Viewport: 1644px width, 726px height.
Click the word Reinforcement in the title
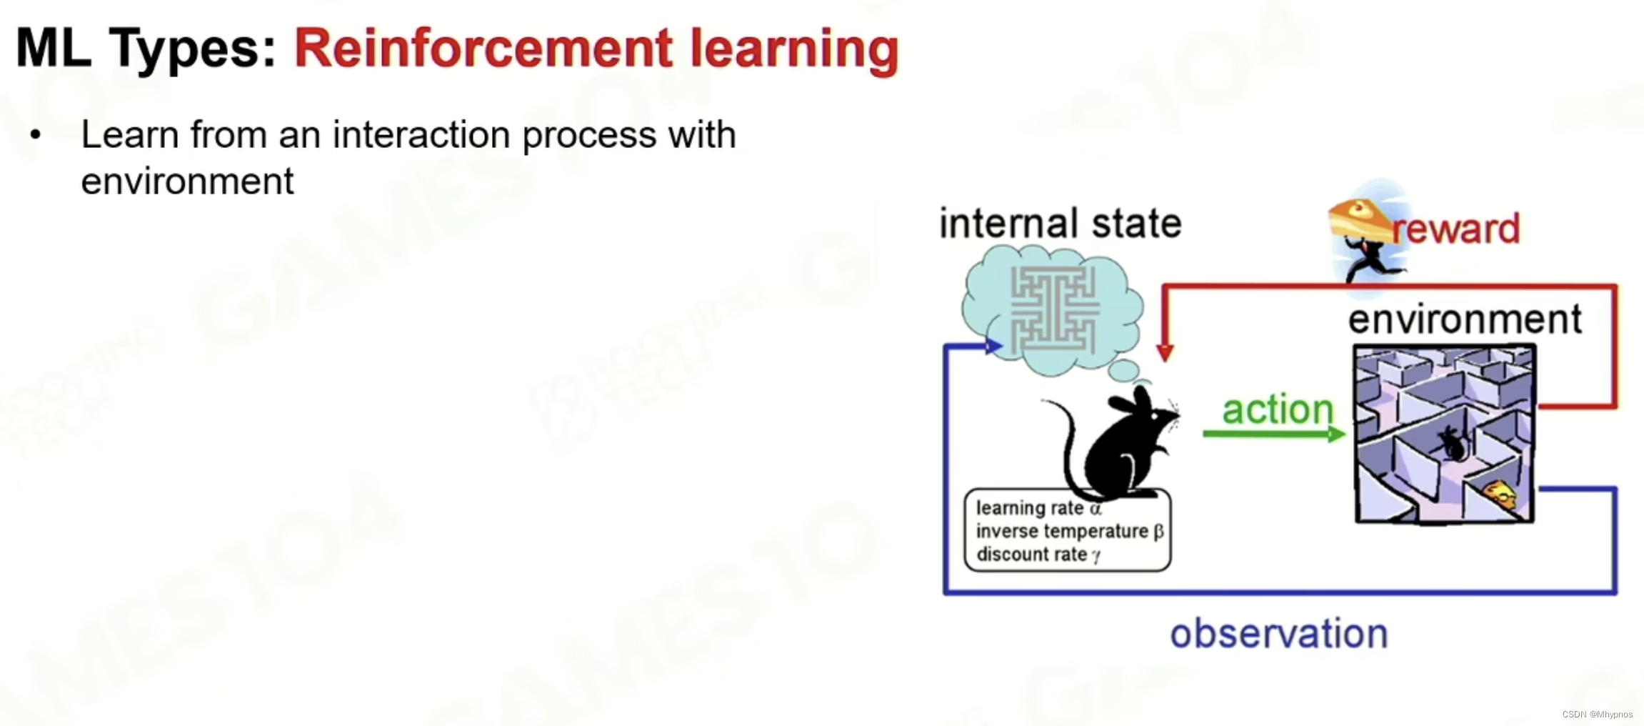click(x=483, y=49)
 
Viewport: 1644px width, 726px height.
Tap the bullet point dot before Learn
click(x=36, y=134)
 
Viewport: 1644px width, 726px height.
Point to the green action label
click(x=1278, y=409)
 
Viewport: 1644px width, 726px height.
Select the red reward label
click(x=1457, y=229)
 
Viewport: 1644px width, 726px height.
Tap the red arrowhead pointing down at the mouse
click(x=1165, y=352)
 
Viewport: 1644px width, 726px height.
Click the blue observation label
click(x=1278, y=633)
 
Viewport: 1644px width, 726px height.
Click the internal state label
click(x=1061, y=223)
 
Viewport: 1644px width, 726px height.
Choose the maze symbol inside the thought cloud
click(x=1054, y=309)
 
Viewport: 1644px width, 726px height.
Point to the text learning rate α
click(x=1038, y=508)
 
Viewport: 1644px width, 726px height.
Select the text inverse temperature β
click(x=1069, y=531)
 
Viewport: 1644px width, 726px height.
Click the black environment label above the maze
click(x=1465, y=319)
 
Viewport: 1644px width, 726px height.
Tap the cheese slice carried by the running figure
click(x=1357, y=218)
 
